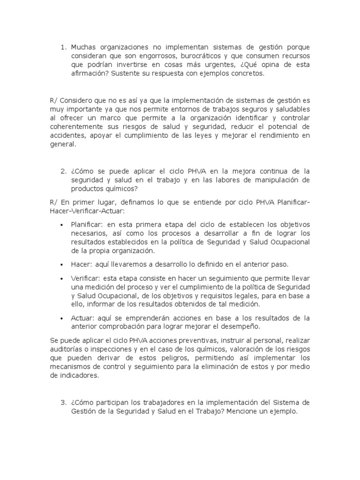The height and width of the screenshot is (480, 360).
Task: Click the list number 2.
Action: click(63, 171)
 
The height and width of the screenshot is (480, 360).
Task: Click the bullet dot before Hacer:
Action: click(63, 264)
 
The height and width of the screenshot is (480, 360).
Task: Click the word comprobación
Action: click(125, 326)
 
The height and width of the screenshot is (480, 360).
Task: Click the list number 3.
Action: click(63, 403)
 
